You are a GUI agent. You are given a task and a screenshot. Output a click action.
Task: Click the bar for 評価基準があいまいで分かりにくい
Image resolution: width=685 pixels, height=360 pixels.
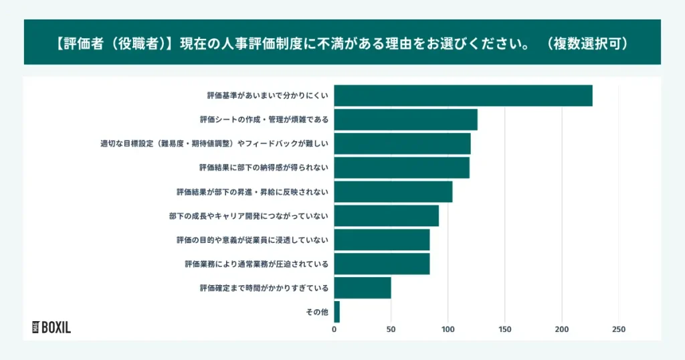463,96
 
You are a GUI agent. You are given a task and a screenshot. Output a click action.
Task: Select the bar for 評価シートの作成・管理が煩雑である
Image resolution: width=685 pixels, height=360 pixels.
405,120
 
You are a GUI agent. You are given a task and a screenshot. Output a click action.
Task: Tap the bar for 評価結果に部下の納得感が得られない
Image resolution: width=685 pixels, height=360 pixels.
401,168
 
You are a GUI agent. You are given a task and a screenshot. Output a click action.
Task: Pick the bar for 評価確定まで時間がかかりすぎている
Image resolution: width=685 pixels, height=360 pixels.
362,288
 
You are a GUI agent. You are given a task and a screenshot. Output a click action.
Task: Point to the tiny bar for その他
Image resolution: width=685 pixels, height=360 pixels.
336,312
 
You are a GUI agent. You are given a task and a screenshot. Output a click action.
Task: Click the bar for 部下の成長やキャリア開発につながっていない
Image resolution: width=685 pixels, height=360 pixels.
386,216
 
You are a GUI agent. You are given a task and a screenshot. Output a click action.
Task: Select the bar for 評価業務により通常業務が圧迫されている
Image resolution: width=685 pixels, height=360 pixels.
381,264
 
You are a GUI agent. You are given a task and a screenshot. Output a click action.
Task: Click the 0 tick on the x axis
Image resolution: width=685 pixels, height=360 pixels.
334,329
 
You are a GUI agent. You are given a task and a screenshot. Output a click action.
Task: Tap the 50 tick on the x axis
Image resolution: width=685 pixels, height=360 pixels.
391,329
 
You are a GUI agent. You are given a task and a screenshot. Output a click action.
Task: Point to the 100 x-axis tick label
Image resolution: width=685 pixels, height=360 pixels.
448,329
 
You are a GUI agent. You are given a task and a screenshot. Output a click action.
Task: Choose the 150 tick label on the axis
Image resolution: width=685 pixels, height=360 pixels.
505,329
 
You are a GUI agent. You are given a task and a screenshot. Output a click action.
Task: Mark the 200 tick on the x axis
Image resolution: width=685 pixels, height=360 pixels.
562,329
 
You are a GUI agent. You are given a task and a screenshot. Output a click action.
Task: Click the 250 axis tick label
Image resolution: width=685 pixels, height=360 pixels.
619,329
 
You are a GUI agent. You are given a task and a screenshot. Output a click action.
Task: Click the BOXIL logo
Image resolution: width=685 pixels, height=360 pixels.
52,327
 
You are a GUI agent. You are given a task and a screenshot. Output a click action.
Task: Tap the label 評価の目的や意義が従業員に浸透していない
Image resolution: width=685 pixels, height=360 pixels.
252,240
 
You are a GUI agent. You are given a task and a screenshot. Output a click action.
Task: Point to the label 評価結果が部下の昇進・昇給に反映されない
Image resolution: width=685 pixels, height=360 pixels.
252,192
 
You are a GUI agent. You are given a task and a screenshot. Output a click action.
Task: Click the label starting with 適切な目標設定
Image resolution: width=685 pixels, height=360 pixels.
214,144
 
